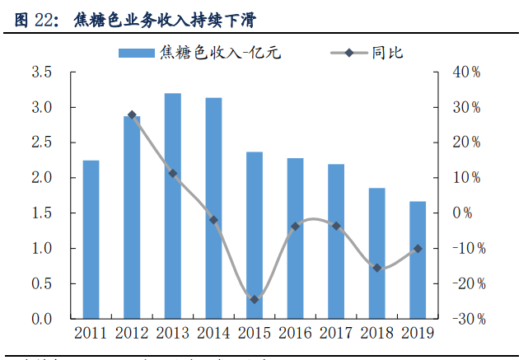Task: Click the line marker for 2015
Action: tap(255, 299)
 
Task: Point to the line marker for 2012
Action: tap(132, 115)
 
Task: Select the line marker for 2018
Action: tap(377, 268)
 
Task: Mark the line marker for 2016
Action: tap(295, 226)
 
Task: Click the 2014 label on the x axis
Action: tap(213, 333)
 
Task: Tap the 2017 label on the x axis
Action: tap(336, 333)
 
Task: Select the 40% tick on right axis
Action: tap(466, 72)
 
